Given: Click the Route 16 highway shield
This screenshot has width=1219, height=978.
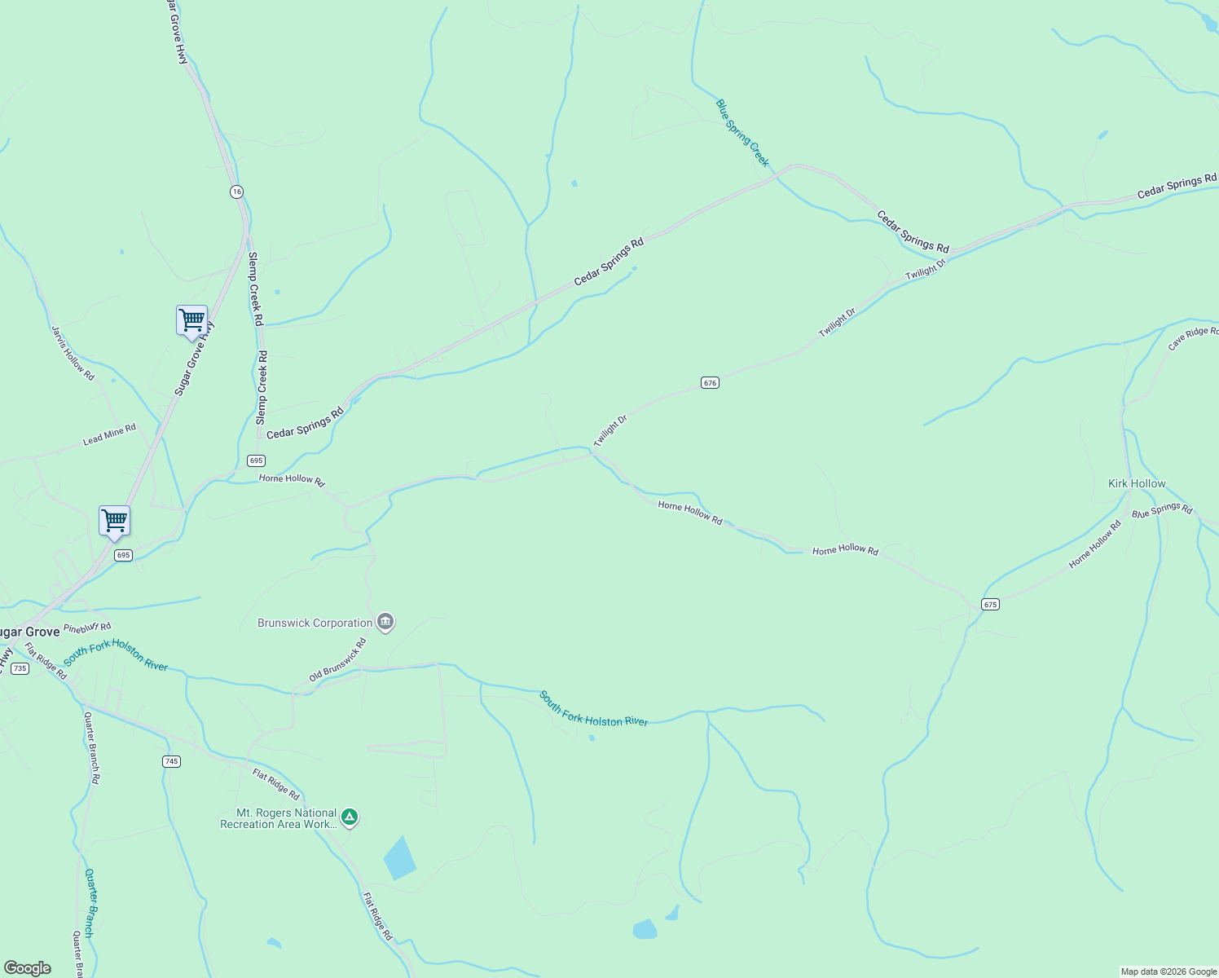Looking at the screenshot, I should (x=236, y=192).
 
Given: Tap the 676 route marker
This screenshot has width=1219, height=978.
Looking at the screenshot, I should (x=710, y=382).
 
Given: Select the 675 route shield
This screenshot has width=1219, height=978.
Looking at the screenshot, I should (x=990, y=604).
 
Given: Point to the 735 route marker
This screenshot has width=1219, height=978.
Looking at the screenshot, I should (x=20, y=668).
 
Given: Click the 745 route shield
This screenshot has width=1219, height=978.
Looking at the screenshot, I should (x=171, y=761).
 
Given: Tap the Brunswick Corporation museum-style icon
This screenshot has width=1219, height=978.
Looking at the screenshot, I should (x=385, y=623).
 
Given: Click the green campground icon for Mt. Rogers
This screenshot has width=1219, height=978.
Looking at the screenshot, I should (x=350, y=817).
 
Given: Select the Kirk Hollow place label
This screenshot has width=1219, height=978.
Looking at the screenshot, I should (x=1137, y=483).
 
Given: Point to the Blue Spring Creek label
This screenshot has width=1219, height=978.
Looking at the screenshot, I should (x=742, y=132).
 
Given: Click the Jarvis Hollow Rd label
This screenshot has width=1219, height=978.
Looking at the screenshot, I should (x=73, y=353).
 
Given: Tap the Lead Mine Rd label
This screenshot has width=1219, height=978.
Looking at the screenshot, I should (x=109, y=434).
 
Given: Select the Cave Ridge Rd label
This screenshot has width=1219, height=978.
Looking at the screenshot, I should (x=1193, y=338).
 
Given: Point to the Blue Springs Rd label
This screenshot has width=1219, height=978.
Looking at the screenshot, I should (x=1161, y=510).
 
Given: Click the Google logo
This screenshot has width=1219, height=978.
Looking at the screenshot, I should (x=28, y=968).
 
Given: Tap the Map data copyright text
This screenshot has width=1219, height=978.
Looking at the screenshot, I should (x=1168, y=971).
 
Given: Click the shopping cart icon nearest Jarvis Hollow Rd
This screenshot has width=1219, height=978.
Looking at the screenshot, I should (x=191, y=319).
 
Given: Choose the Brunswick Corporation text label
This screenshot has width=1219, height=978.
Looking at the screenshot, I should (x=315, y=623).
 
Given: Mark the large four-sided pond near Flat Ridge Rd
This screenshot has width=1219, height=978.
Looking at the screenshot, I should (x=399, y=857).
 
